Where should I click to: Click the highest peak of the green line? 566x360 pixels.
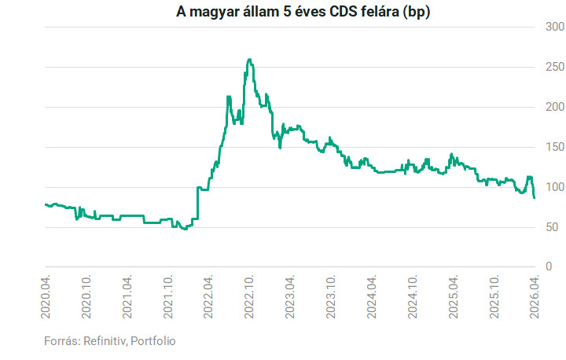249,59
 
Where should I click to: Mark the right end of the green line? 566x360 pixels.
535,197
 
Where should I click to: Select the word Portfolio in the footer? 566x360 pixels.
153,341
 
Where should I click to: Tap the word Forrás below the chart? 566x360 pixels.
61,341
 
